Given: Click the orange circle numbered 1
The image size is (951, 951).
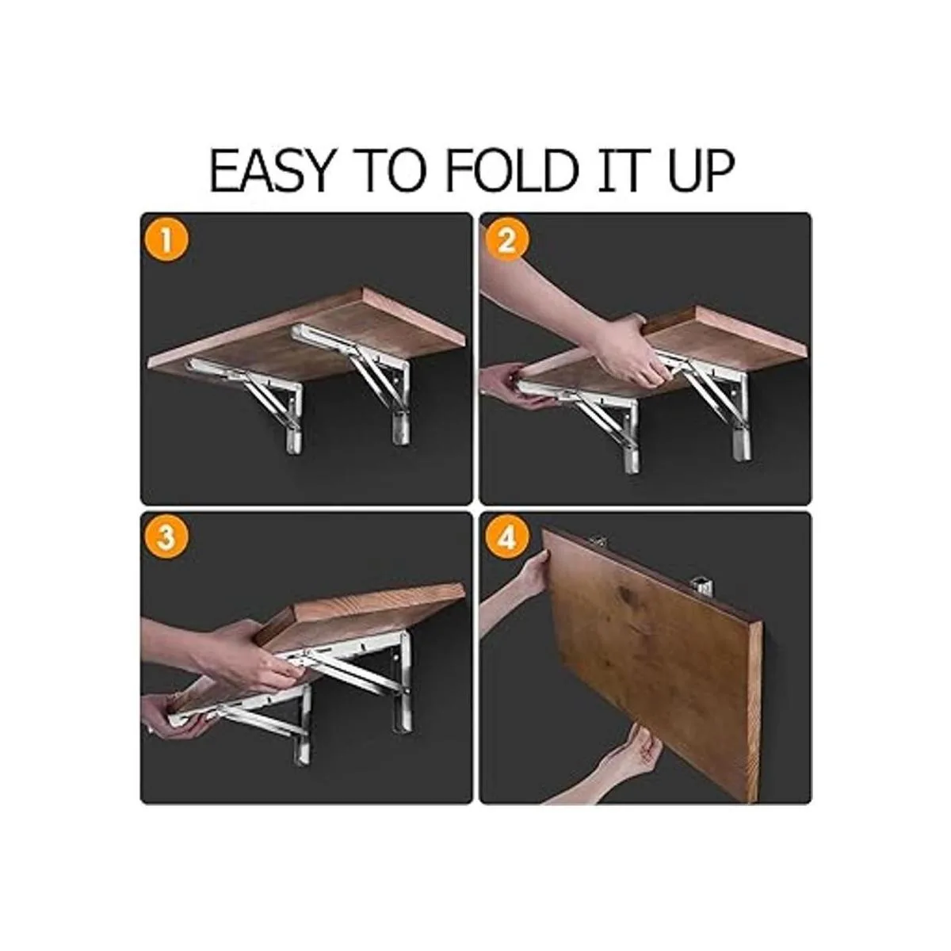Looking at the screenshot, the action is pyautogui.click(x=166, y=243).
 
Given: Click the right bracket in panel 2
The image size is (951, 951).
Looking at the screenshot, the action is pyautogui.click(x=711, y=399).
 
